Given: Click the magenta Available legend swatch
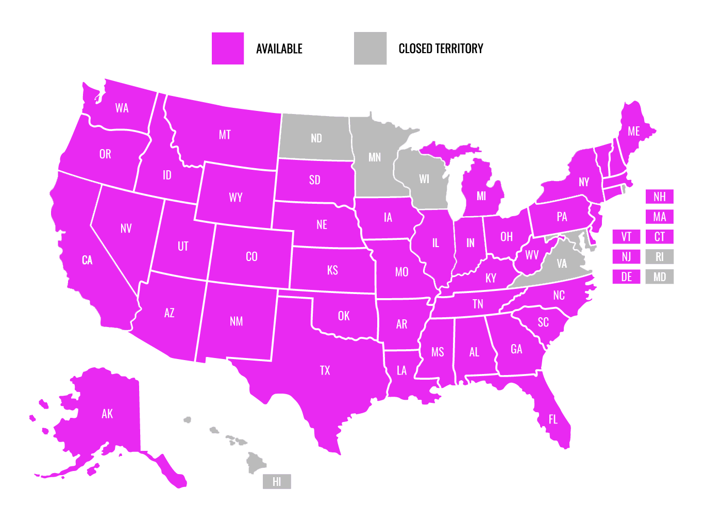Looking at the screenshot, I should coord(227,48).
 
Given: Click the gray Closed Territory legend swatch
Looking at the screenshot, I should coord(370,48).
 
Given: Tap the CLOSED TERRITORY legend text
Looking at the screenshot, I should coord(441,48).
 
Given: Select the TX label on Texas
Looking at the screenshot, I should coord(325,370).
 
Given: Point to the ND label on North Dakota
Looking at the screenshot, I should coord(316,138).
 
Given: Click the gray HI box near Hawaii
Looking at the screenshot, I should coord(277,482).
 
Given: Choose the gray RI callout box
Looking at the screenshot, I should coord(660,257).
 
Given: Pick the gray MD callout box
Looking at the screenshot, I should coord(660,277).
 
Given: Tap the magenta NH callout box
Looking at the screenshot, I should coord(660,197).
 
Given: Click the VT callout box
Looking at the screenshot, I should coord(626,237).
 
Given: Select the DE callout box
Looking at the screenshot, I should coord(626,277).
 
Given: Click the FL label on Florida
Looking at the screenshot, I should coord(553,419).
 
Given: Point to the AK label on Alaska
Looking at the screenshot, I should coord(107,414).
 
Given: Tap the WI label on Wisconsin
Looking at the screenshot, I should coord(424,179).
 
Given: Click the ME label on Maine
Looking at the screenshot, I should coord(634,132).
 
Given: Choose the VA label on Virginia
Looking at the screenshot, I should coord(562,264).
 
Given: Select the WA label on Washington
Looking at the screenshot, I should coord(122,108).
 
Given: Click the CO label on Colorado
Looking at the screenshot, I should coord(251,257).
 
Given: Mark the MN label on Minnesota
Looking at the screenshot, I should coord(375,157).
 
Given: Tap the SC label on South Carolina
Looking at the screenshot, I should coord(543,322).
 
